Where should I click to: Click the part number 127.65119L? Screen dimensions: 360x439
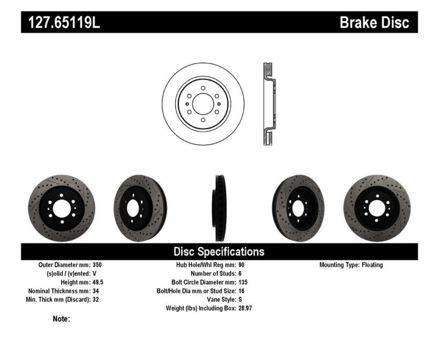pos(61,23)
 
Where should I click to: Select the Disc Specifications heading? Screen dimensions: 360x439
pos(219,251)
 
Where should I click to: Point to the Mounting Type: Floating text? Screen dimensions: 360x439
pos(351,265)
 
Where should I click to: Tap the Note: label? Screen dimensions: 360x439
pos(62,319)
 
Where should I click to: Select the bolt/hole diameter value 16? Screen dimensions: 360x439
pos(240,291)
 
